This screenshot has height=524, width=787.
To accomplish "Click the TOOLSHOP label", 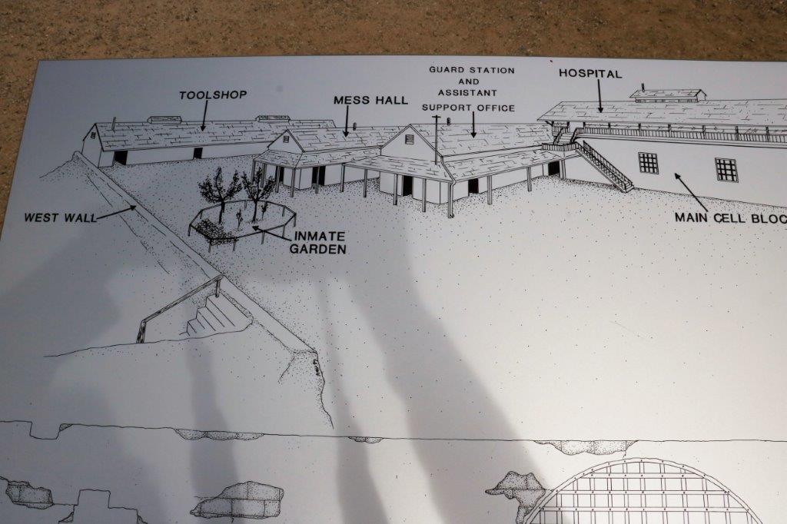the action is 213,95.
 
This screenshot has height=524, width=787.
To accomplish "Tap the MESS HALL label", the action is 371,101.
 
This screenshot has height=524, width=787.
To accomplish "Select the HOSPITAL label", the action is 590,74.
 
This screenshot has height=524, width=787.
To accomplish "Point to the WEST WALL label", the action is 61,218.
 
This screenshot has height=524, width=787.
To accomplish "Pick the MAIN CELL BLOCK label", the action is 730,218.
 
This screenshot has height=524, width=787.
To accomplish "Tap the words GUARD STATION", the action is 472,70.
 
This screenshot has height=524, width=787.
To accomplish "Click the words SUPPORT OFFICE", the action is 468,108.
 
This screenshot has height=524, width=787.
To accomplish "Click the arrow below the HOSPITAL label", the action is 599,96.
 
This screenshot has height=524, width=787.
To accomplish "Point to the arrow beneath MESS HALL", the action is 347,121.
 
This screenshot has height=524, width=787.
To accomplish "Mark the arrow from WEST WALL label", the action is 116,212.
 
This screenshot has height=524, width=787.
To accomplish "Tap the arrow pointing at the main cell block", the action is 691,192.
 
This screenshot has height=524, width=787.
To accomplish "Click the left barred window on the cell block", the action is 648,163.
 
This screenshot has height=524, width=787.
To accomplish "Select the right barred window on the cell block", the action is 726,169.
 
